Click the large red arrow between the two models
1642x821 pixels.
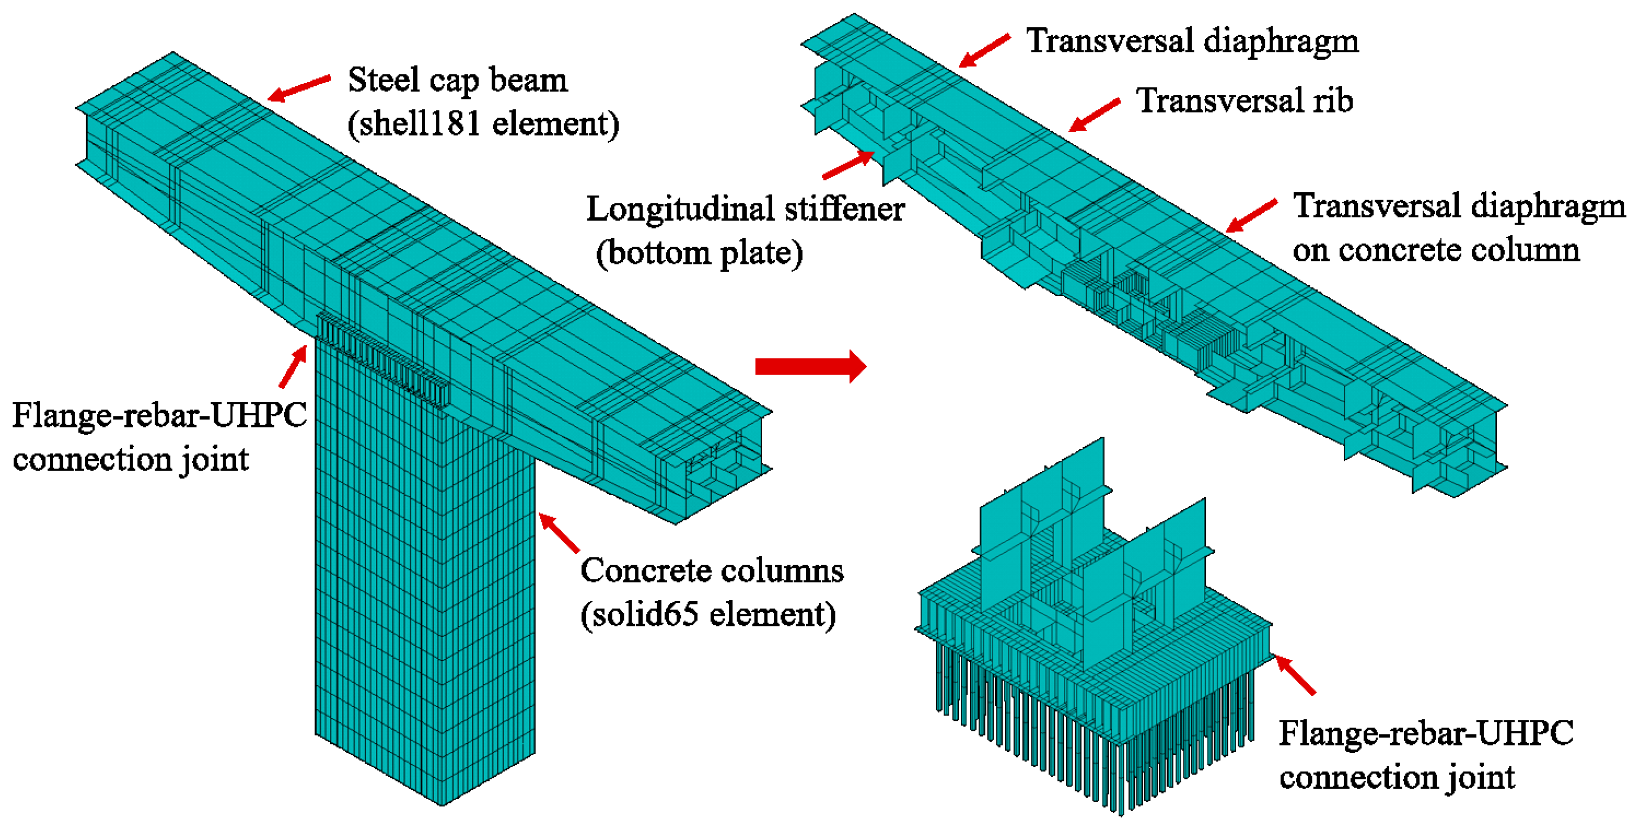click(x=810, y=366)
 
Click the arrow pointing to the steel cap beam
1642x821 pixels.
click(x=298, y=88)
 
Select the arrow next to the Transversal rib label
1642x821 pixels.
click(x=1094, y=115)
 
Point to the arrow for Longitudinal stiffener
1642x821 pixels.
click(x=848, y=165)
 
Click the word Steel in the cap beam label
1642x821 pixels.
click(x=383, y=80)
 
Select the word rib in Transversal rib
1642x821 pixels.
click(x=1331, y=101)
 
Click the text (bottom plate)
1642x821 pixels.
click(x=699, y=253)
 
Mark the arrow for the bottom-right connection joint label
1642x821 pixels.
click(x=1295, y=675)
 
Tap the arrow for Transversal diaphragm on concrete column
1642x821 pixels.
click(x=1251, y=215)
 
